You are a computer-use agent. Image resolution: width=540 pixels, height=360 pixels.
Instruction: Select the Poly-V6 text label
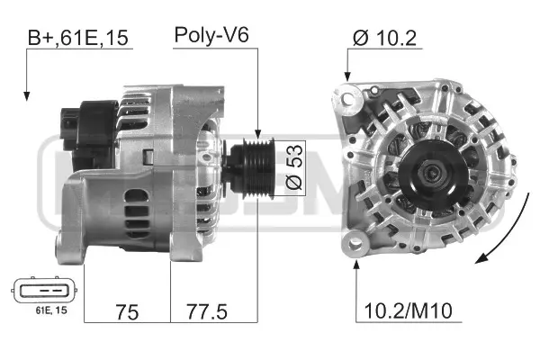(211, 36)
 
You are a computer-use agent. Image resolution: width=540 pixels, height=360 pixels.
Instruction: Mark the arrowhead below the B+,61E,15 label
(27, 94)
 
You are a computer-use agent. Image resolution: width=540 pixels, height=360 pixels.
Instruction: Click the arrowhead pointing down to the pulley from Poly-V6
(257, 134)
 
